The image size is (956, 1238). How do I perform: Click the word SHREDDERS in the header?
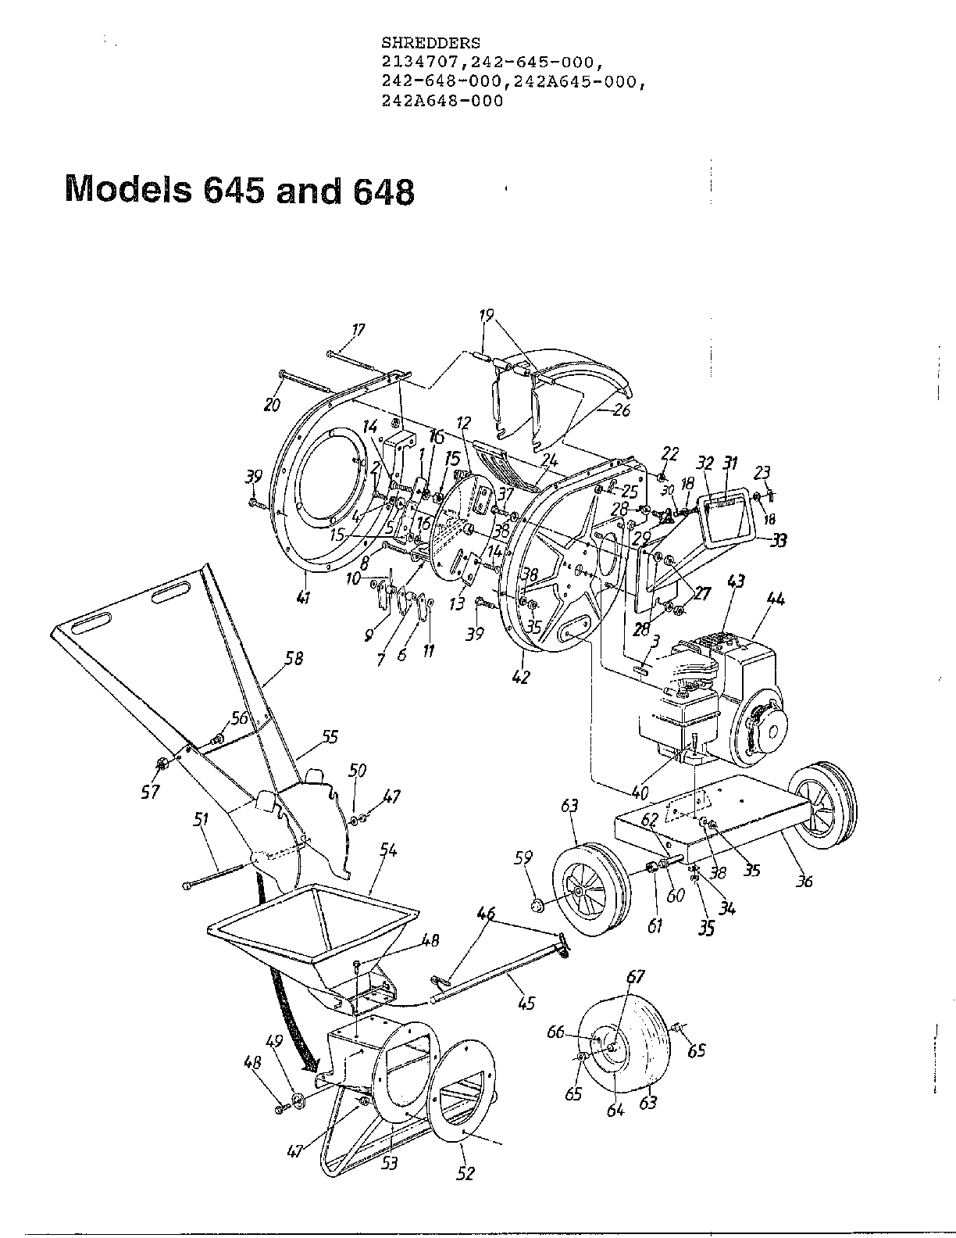pyautogui.click(x=430, y=42)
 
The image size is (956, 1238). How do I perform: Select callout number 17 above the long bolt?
pyautogui.click(x=358, y=330)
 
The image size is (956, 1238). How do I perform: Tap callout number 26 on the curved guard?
pyautogui.click(x=622, y=410)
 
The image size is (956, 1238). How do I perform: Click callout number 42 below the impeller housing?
pyautogui.click(x=520, y=678)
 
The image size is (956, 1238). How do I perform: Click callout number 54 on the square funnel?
pyautogui.click(x=387, y=849)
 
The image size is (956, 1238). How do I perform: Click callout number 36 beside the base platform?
pyautogui.click(x=804, y=881)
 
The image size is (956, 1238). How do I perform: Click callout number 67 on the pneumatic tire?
pyautogui.click(x=636, y=976)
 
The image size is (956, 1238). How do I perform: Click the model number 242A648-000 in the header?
pyautogui.click(x=442, y=101)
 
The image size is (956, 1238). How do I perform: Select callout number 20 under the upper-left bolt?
pyautogui.click(x=271, y=404)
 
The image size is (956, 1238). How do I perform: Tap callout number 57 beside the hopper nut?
pyautogui.click(x=150, y=792)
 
